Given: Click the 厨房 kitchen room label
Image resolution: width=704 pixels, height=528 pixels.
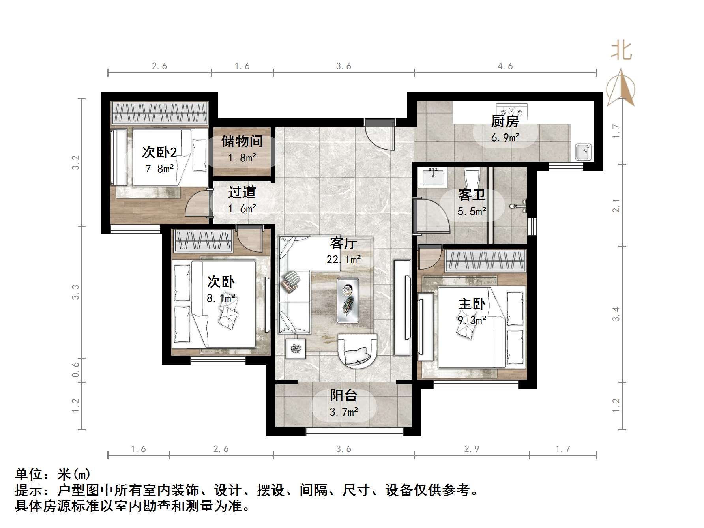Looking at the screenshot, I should (505, 121).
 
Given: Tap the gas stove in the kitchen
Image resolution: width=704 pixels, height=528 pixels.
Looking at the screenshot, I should (512, 111).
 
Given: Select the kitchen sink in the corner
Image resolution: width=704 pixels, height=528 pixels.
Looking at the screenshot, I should (583, 152).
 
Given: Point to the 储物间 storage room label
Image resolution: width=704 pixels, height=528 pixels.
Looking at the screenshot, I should (242, 141).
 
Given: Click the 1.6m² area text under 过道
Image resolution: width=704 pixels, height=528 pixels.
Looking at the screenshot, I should (242, 208).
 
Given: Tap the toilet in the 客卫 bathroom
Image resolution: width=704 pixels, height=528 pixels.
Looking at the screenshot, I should (472, 178).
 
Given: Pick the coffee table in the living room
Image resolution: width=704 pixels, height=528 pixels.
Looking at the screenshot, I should (348, 300).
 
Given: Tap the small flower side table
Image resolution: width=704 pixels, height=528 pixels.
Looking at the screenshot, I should (296, 348).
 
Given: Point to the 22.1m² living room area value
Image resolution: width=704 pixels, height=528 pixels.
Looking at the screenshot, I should (343, 259).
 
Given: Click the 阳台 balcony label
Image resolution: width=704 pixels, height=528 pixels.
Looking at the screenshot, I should (343, 395).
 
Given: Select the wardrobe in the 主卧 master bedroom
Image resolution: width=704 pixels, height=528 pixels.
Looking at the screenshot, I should (486, 261).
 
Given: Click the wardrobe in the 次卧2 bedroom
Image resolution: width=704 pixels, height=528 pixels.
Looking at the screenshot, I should (159, 114).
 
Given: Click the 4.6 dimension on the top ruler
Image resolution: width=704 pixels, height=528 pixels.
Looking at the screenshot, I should (505, 66).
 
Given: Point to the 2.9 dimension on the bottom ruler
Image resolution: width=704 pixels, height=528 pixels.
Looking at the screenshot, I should (472, 449).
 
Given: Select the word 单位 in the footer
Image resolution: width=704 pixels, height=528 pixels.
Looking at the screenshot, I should (29, 474).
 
